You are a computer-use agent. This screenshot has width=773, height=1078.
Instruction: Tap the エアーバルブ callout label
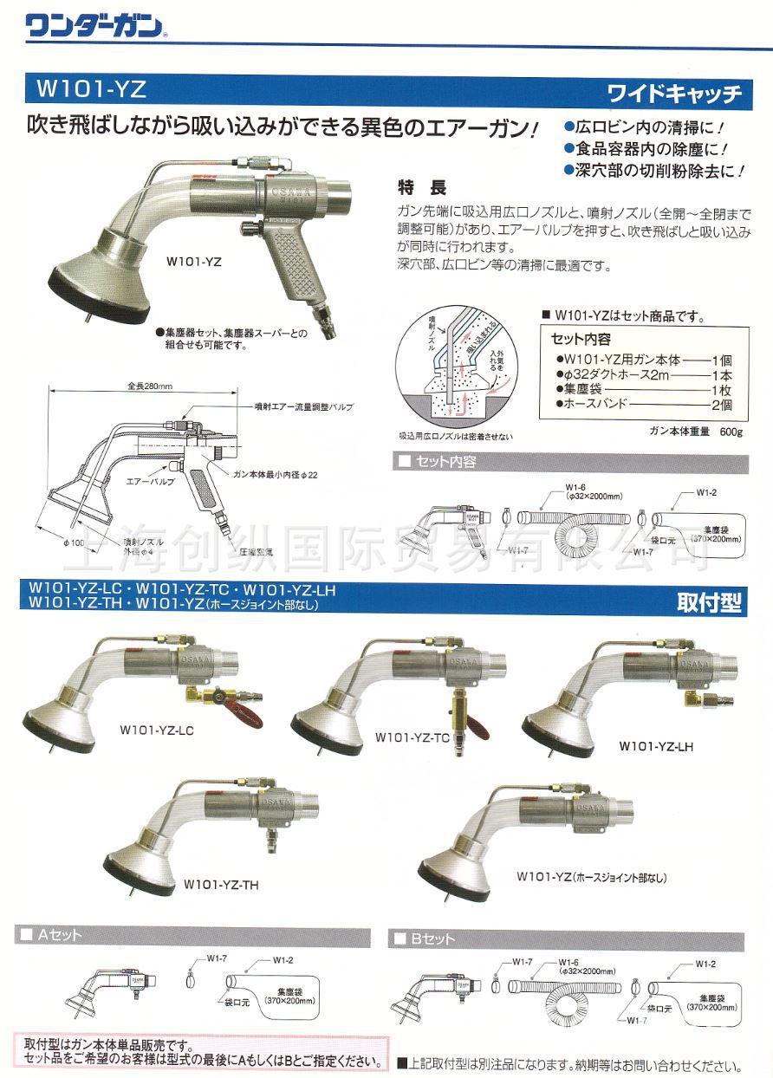152,479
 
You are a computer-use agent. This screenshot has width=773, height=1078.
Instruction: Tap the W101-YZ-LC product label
156,731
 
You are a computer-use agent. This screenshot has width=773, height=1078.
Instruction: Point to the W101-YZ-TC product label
412,737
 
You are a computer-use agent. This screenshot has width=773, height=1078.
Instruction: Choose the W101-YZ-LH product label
656,745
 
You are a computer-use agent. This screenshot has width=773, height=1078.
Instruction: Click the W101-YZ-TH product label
221,885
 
